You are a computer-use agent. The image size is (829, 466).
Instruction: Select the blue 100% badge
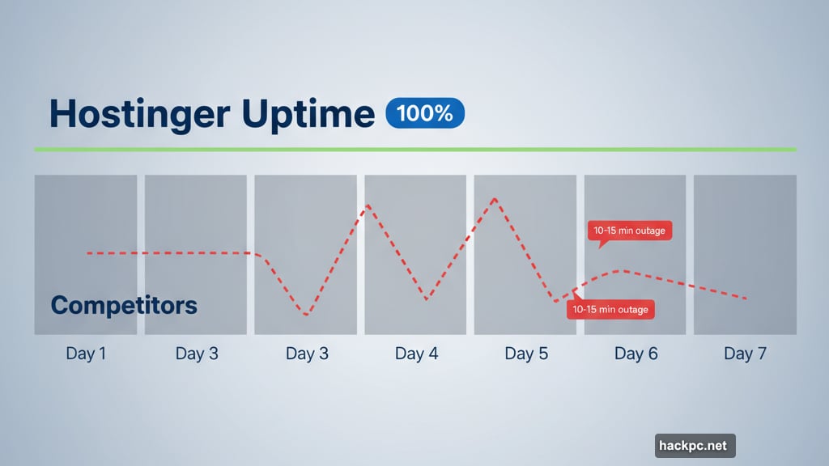(425, 113)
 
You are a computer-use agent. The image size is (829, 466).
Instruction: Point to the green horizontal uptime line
(414, 150)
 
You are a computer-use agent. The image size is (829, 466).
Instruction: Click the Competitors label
(124, 305)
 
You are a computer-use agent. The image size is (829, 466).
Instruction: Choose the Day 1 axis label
(85, 354)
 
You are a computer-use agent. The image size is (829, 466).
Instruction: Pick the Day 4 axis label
(415, 354)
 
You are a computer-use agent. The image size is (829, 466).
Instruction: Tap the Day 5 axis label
(525, 354)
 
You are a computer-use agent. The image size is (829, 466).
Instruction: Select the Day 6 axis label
(636, 354)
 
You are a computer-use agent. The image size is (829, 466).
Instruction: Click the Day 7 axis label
(745, 354)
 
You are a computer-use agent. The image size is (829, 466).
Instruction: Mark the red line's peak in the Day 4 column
(368, 205)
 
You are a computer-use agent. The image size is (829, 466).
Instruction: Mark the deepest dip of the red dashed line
(306, 315)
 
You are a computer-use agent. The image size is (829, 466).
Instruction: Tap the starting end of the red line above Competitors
(87, 253)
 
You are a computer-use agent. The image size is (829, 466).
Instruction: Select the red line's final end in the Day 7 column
(746, 299)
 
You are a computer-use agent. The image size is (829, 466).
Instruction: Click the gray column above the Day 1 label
(85, 210)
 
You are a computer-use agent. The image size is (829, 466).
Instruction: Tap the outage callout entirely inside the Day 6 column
(629, 231)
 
